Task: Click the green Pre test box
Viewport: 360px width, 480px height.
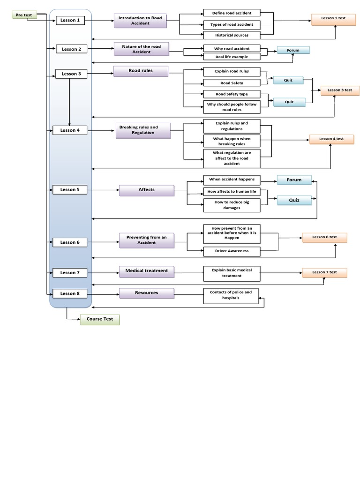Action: coord(24,15)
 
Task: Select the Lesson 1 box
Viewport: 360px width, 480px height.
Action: coord(70,20)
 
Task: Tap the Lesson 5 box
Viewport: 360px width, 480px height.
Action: coord(70,190)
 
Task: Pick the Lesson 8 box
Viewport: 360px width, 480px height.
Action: coord(70,293)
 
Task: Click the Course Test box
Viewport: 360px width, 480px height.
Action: coord(100,319)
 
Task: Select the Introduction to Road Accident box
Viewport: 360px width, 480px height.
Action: coord(140,21)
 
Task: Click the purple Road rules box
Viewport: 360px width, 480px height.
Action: coord(141,71)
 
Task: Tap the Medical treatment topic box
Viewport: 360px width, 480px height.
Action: coord(147,271)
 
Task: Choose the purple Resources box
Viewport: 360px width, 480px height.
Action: coord(147,293)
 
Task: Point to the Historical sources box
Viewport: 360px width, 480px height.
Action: coord(232,35)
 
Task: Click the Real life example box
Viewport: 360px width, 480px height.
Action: coord(232,57)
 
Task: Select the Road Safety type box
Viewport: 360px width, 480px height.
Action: coord(232,94)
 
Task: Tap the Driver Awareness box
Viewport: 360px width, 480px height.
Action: coord(232,251)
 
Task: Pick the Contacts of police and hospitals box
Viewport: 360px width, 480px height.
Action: coord(231,296)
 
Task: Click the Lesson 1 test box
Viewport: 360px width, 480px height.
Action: coord(333,19)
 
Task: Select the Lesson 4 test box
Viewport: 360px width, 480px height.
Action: coord(331,139)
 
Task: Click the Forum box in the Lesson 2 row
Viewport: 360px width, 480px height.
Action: coord(293,50)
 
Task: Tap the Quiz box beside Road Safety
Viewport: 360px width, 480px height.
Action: coord(288,81)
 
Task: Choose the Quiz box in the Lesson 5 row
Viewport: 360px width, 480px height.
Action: coord(294,201)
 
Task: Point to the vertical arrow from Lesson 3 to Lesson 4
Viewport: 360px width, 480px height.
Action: coord(69,102)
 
